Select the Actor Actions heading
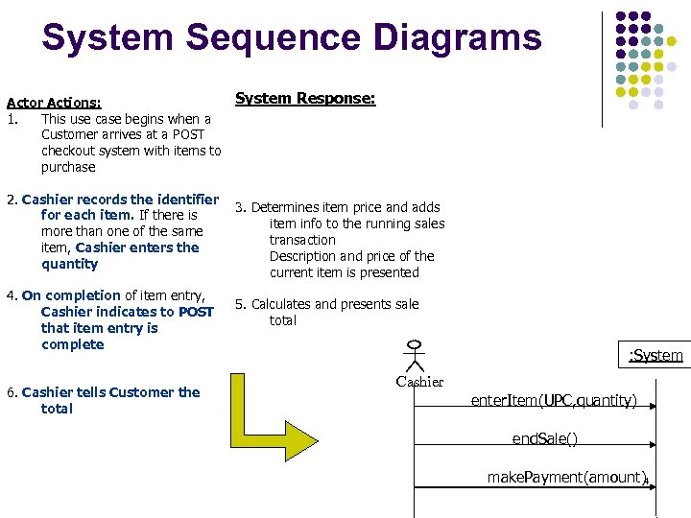point(55,102)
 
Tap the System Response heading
point(305,98)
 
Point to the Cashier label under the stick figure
point(419,382)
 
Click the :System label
point(655,356)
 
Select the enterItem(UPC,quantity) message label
point(554,400)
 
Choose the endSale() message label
point(544,438)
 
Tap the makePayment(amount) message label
point(566,477)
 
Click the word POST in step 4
point(196,312)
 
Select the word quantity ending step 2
point(70,264)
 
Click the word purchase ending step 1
point(68,167)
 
